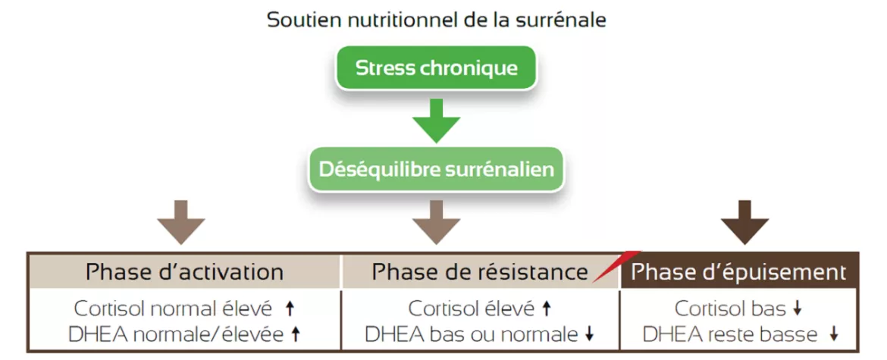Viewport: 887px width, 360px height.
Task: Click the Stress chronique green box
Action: [x=436, y=68]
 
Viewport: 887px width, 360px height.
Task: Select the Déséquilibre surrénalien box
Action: [x=436, y=169]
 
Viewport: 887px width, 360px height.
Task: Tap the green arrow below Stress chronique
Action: [x=436, y=120]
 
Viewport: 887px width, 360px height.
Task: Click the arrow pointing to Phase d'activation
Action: [x=181, y=221]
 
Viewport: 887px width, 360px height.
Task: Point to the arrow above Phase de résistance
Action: [x=436, y=221]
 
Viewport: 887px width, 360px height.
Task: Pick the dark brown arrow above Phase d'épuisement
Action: [x=744, y=221]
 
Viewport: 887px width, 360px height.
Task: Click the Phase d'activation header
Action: [x=184, y=271]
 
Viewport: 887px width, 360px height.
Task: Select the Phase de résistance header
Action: [x=479, y=272]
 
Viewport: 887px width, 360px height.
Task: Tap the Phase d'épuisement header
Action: [x=738, y=272]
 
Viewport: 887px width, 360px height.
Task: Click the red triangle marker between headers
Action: [x=616, y=266]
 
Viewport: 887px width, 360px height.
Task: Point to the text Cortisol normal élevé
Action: [x=173, y=309]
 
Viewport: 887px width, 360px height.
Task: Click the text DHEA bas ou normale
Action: [x=470, y=333]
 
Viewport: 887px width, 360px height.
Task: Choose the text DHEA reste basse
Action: [x=730, y=333]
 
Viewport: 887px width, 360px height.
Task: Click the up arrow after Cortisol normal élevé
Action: [x=289, y=308]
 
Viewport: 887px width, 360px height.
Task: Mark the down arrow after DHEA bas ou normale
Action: [x=590, y=334]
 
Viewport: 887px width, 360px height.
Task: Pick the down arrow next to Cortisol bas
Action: [x=797, y=309]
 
